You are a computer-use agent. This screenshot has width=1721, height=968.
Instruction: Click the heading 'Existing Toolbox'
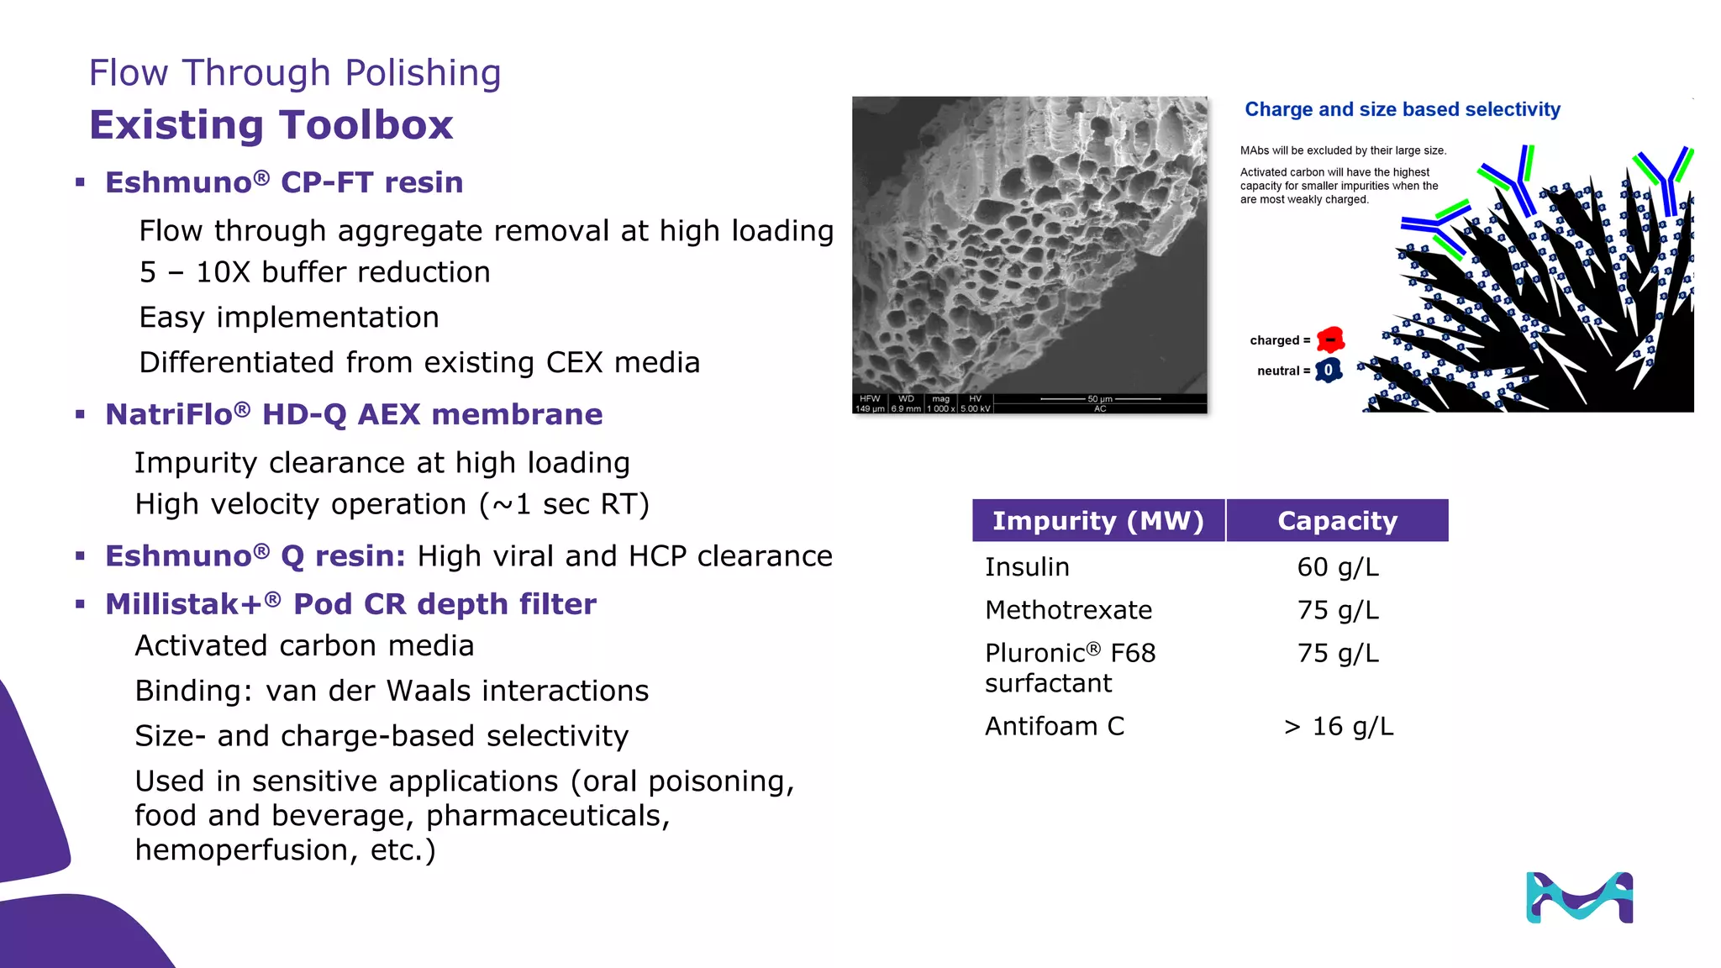271,125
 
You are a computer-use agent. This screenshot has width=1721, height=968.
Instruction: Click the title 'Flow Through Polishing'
295,73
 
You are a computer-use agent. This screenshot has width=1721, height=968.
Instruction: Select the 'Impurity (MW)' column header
1097,521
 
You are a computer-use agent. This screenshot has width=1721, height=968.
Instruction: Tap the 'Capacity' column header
1337,521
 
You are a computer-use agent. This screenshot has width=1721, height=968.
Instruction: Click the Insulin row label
1027,567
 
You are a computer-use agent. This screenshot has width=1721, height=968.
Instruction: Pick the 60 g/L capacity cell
1338,567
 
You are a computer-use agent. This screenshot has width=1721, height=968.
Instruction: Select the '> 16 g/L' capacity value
1338,726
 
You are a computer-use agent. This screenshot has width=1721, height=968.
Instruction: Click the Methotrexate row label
1068,610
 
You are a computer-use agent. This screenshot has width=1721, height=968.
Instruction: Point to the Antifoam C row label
1054,726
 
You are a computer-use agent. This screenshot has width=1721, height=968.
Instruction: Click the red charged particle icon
1330,339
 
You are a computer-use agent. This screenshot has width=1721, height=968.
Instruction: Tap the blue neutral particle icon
1329,370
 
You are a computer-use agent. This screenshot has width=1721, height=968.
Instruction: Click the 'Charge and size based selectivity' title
1402,109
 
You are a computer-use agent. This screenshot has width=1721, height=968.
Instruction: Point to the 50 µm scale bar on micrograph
1100,399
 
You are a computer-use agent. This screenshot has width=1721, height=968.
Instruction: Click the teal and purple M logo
1579,897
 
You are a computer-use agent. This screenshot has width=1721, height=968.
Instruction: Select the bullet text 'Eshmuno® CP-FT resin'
284,182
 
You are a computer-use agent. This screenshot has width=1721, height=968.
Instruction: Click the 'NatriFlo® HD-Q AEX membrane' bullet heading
354,414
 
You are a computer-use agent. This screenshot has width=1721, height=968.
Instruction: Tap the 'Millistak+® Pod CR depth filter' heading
350,604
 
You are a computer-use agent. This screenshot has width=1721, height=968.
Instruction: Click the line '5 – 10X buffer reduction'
314,272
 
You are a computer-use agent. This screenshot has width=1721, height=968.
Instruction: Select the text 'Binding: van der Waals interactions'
392,691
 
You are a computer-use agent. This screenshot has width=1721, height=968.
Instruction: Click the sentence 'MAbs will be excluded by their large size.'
1343,150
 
